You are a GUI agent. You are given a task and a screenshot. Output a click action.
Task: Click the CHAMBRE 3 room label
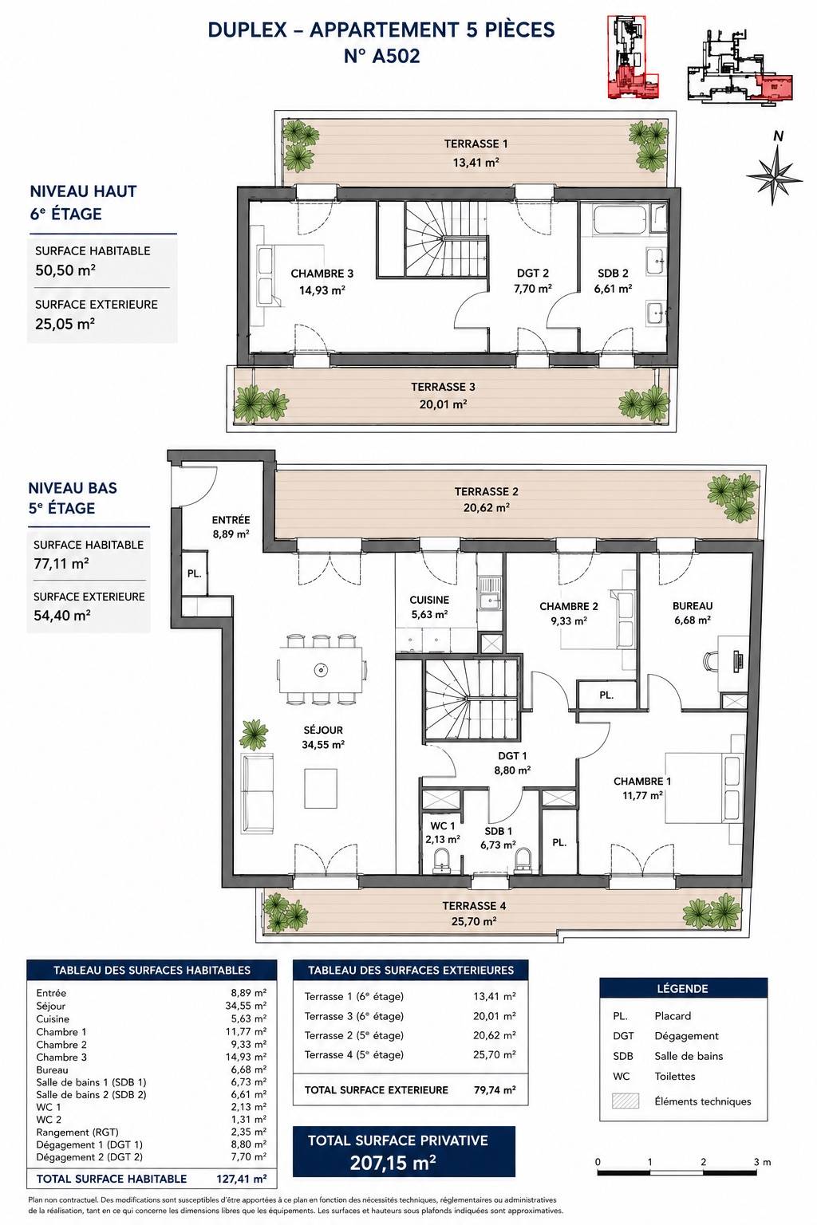tap(322, 274)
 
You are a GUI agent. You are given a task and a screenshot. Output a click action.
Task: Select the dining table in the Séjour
tap(321, 669)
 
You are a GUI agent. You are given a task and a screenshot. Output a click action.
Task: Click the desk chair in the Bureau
tap(712, 660)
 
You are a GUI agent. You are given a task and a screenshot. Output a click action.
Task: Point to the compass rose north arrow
tap(775, 173)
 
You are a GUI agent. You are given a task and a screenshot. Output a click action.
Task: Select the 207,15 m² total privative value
tap(393, 1163)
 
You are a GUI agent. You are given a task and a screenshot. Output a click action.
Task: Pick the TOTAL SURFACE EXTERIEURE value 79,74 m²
tap(494, 1090)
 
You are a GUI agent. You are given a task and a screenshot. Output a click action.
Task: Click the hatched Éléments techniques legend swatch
tap(626, 1101)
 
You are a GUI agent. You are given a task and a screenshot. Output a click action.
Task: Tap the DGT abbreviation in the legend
tap(623, 1036)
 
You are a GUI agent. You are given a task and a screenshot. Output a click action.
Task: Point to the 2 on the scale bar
tap(703, 1161)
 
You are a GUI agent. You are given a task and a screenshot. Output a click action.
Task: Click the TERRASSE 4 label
tap(474, 906)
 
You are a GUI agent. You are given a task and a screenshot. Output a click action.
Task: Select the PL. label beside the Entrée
tap(194, 573)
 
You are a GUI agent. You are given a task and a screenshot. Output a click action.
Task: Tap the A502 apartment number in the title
tap(396, 56)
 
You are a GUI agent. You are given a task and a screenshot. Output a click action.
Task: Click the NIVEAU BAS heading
tap(73, 488)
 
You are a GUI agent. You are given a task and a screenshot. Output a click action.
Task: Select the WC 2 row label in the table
tap(49, 1120)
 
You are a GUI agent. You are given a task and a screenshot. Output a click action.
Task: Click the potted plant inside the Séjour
tap(254, 735)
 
